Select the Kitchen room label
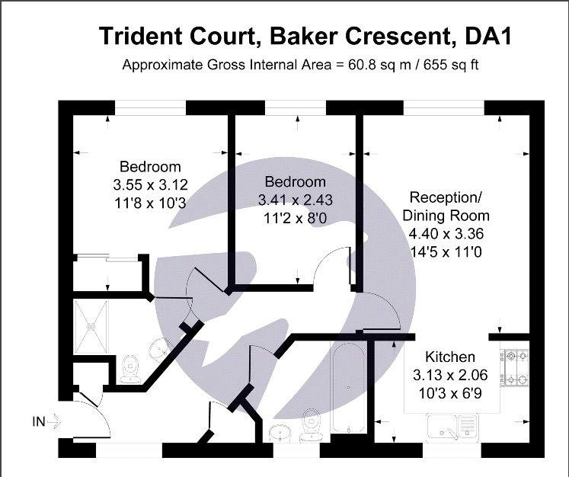pyautogui.click(x=450, y=357)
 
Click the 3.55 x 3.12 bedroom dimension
pyautogui.click(x=150, y=184)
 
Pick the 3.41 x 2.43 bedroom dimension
pyautogui.click(x=295, y=200)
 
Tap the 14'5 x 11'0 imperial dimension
pyautogui.click(x=446, y=251)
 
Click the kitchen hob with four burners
pyautogui.click(x=515, y=368)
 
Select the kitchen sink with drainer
pyautogui.click(x=452, y=427)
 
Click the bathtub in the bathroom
pyautogui.click(x=349, y=387)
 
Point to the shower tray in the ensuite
pyautogui.click(x=91, y=327)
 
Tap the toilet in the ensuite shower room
pyautogui.click(x=130, y=370)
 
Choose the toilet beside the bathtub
pyautogui.click(x=312, y=424)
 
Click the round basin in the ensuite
pyautogui.click(x=159, y=348)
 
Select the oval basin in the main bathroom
pyautogui.click(x=280, y=433)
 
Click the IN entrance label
pyautogui.click(x=39, y=422)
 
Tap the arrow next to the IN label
pyautogui.click(x=54, y=422)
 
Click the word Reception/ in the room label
pyautogui.click(x=446, y=197)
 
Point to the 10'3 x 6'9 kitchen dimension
pyautogui.click(x=450, y=393)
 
